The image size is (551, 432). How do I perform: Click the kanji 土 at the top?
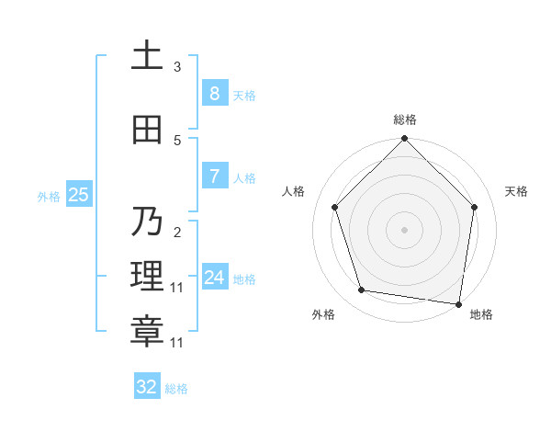[147, 56]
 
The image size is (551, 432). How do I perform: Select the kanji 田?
[147, 130]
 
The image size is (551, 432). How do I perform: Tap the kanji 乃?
[147, 222]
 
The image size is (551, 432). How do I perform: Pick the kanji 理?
[147, 277]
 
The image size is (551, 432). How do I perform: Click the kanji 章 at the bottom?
[147, 332]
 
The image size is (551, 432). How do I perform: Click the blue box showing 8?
[214, 94]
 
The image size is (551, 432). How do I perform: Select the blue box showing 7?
[214, 176]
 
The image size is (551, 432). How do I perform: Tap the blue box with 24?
[214, 278]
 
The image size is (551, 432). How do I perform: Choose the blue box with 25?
[78, 195]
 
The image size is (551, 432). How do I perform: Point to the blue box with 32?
[147, 387]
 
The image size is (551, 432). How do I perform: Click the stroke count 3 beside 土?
[177, 67]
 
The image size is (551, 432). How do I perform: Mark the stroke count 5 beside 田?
[177, 141]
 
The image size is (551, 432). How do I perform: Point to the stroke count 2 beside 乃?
[177, 233]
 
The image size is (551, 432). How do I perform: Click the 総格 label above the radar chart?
[405, 119]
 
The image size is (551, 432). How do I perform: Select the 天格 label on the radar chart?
[517, 191]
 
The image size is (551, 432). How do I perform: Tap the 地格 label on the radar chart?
[481, 314]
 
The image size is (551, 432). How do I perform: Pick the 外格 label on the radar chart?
[323, 314]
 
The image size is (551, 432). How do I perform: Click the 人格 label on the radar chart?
[294, 191]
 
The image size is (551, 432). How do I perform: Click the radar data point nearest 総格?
[404, 140]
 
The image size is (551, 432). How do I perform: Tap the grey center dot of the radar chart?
[404, 230]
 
